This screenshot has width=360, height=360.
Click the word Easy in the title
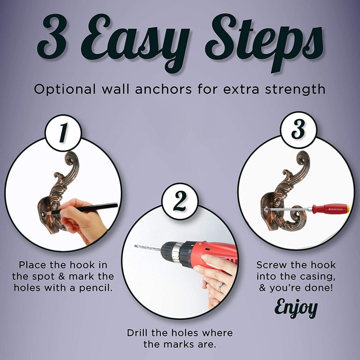[136, 43]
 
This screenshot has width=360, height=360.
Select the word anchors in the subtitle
[163, 89]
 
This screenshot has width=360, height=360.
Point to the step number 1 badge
[63, 133]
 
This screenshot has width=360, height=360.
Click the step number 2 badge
[180, 201]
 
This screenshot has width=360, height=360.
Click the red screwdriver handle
[331, 209]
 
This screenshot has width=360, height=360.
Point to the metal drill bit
[148, 248]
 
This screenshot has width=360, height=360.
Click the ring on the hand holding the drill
[220, 286]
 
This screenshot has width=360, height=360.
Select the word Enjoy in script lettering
[296, 308]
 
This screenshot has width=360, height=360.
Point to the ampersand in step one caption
[61, 276]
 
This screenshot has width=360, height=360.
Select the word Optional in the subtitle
[65, 89]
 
